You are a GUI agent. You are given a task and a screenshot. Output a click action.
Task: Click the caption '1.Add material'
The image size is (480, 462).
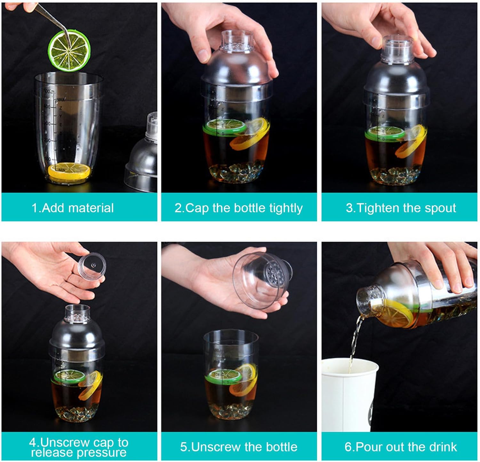pos(73,208)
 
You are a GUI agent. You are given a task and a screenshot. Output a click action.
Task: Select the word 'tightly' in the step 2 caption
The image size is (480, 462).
pos(286,208)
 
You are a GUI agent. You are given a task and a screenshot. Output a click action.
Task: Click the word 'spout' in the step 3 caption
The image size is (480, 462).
pos(440,208)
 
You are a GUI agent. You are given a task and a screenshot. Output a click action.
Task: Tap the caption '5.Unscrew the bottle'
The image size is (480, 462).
pos(239,447)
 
